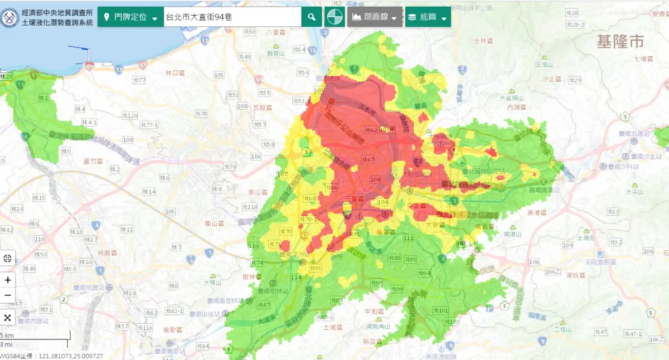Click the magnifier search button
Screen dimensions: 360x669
(x=312, y=17)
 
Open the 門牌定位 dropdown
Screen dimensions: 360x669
(x=130, y=17)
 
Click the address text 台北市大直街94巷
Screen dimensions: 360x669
(x=199, y=17)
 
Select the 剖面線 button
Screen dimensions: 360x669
(x=375, y=17)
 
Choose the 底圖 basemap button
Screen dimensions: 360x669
(x=428, y=17)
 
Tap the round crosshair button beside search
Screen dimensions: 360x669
(x=334, y=17)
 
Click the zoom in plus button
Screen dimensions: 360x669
(x=8, y=280)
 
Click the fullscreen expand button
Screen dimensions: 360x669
(x=8, y=318)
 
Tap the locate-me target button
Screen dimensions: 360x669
(x=8, y=258)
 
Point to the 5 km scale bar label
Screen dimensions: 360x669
(x=7, y=335)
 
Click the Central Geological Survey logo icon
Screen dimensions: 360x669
(x=10, y=17)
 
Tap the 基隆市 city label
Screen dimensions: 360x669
(x=620, y=42)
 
